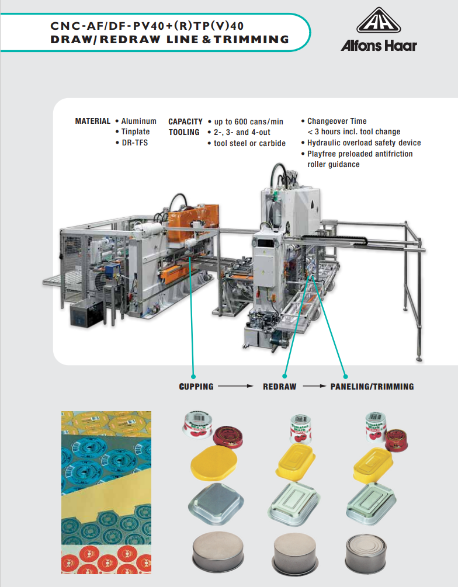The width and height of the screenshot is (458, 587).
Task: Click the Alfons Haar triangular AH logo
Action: coord(379,20)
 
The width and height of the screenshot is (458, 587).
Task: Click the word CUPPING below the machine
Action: coord(196,386)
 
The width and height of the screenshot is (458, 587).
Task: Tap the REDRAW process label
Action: coord(279,386)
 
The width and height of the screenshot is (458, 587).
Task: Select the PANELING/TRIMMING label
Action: coord(372,386)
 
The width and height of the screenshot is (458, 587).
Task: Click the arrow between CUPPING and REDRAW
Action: coord(236,386)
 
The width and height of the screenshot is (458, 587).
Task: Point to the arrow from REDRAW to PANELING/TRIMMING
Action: coord(314,386)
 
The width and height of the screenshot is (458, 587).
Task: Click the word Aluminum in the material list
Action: coord(138,121)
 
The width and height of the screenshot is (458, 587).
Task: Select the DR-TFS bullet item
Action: coord(135,143)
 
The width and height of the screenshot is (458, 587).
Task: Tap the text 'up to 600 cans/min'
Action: coord(249,121)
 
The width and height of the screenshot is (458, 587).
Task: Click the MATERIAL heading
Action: coord(92,121)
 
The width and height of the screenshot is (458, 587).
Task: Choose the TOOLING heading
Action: coord(184,132)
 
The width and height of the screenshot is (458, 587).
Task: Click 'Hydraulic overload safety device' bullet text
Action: coord(364,143)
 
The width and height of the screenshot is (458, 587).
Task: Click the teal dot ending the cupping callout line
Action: coord(193,376)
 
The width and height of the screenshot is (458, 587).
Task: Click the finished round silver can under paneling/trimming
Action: coord(366,554)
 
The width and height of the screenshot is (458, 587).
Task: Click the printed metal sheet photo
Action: coord(106,492)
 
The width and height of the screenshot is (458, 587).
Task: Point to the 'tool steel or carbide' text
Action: coord(250,143)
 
